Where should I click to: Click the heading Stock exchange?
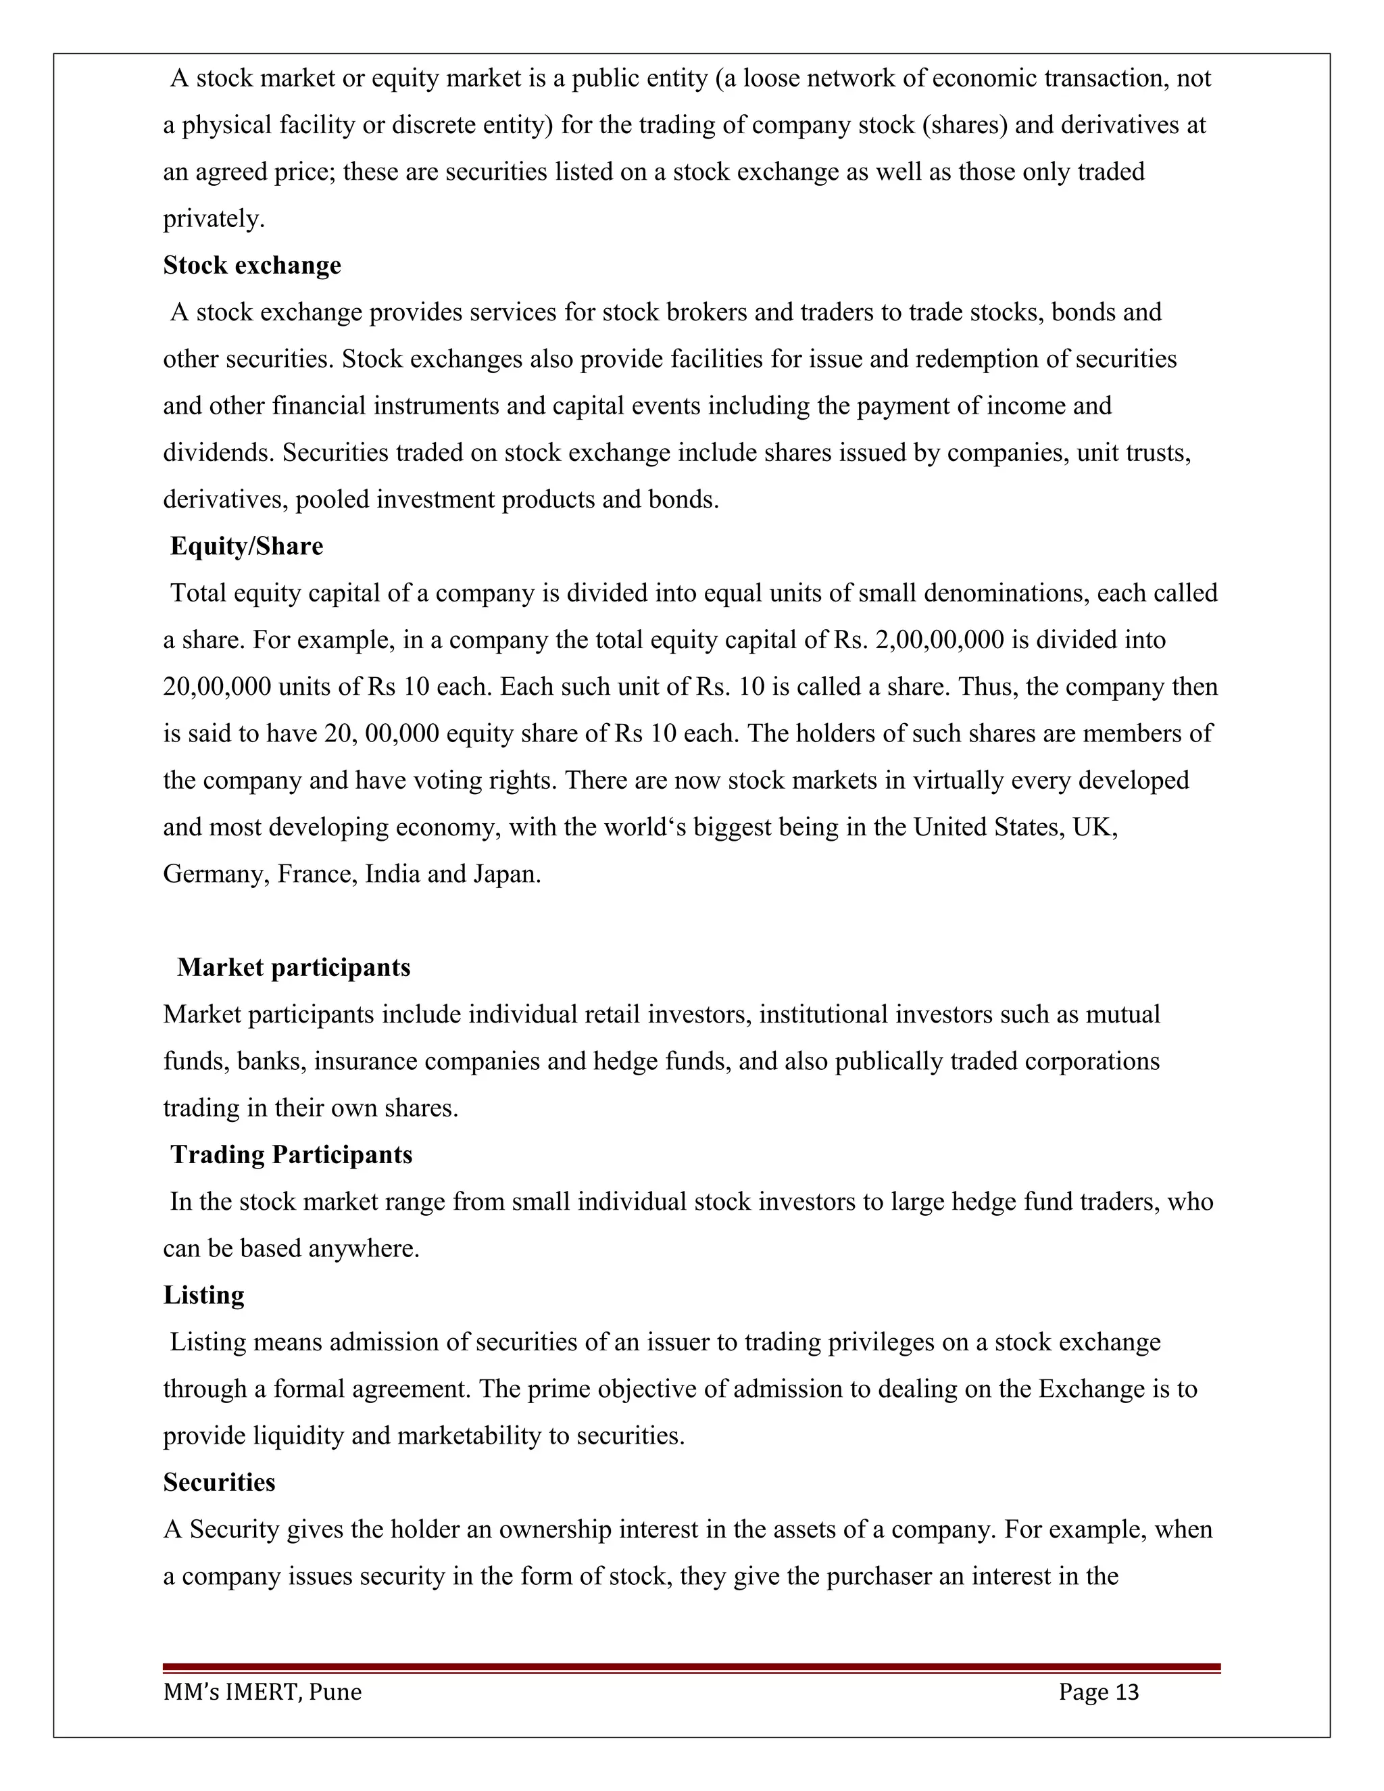pos(251,266)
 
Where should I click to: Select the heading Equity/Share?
pos(246,546)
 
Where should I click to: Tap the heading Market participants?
pos(293,968)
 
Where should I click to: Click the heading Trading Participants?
pos(291,1154)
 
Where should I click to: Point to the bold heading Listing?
pos(203,1296)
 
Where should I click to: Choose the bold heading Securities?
pos(219,1483)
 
